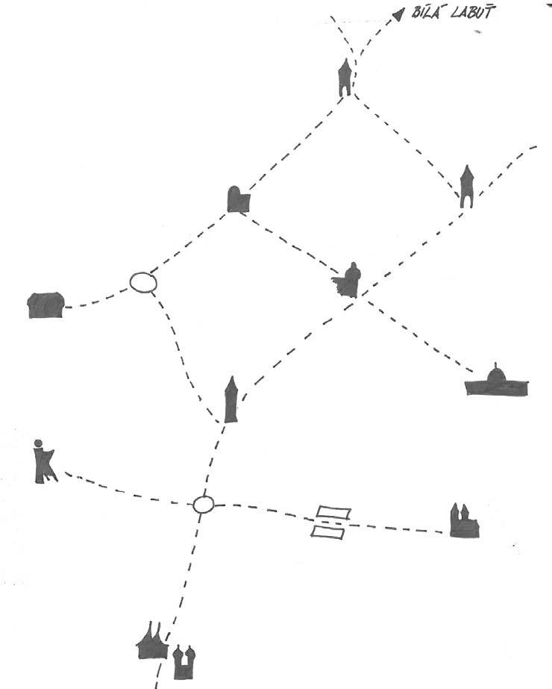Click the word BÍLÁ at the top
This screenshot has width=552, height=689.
426,13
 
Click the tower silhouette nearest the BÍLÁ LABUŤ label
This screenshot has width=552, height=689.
344,78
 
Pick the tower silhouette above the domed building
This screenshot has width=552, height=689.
466,186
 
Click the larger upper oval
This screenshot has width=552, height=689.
143,282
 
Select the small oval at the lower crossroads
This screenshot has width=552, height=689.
204,505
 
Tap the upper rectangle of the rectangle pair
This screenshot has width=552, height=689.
333,513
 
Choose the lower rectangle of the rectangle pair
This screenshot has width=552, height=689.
327,531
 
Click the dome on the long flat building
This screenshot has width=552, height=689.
495,372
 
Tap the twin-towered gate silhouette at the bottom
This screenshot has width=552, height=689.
183,662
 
